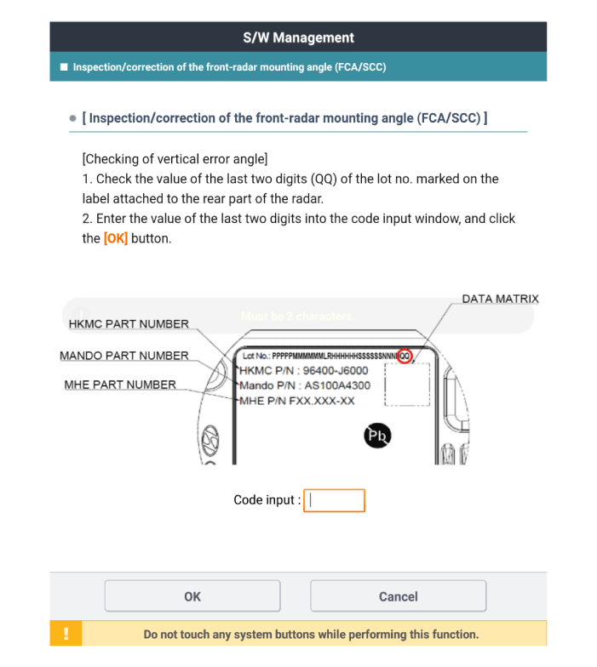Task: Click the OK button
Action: pyautogui.click(x=192, y=596)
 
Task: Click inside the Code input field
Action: pyautogui.click(x=334, y=500)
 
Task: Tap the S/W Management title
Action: pyautogui.click(x=298, y=37)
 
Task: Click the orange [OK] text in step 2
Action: pyautogui.click(x=116, y=238)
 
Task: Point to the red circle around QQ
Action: pyautogui.click(x=405, y=356)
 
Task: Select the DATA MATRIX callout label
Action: pyautogui.click(x=500, y=299)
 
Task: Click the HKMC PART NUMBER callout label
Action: pyautogui.click(x=129, y=324)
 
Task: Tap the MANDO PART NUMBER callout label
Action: pyautogui.click(x=124, y=355)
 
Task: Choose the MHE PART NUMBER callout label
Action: pyautogui.click(x=120, y=385)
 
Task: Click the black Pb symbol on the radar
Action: pyautogui.click(x=377, y=436)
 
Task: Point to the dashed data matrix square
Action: pyautogui.click(x=407, y=384)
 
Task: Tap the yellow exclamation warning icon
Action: pyautogui.click(x=66, y=634)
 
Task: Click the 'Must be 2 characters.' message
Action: pyautogui.click(x=297, y=316)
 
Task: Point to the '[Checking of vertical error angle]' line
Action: pyautogui.click(x=175, y=158)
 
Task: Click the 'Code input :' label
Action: pyautogui.click(x=267, y=500)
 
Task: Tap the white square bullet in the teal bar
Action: pyautogui.click(x=64, y=66)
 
